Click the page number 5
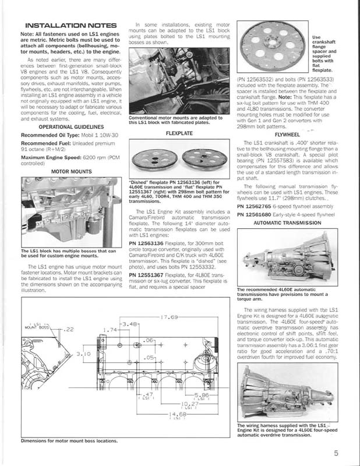coord(337,451)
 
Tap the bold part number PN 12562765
coord(260,206)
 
